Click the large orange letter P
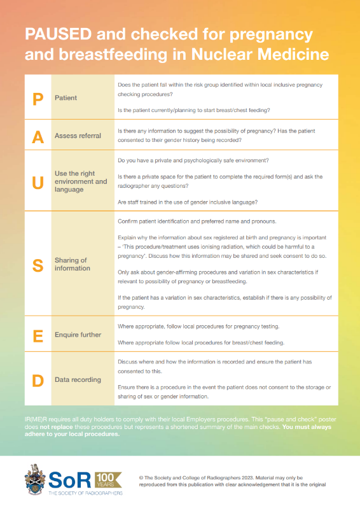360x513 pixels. [x=38, y=98]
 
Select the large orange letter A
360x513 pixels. [x=38, y=136]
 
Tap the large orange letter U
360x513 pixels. [x=38, y=181]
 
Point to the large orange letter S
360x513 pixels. [x=38, y=264]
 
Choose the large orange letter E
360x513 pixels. [x=38, y=334]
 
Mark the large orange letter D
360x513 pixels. [x=38, y=379]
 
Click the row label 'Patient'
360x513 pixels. [x=66, y=98]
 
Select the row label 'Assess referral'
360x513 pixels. [x=78, y=136]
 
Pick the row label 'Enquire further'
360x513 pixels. [x=78, y=334]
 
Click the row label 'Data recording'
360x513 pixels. [x=78, y=379]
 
